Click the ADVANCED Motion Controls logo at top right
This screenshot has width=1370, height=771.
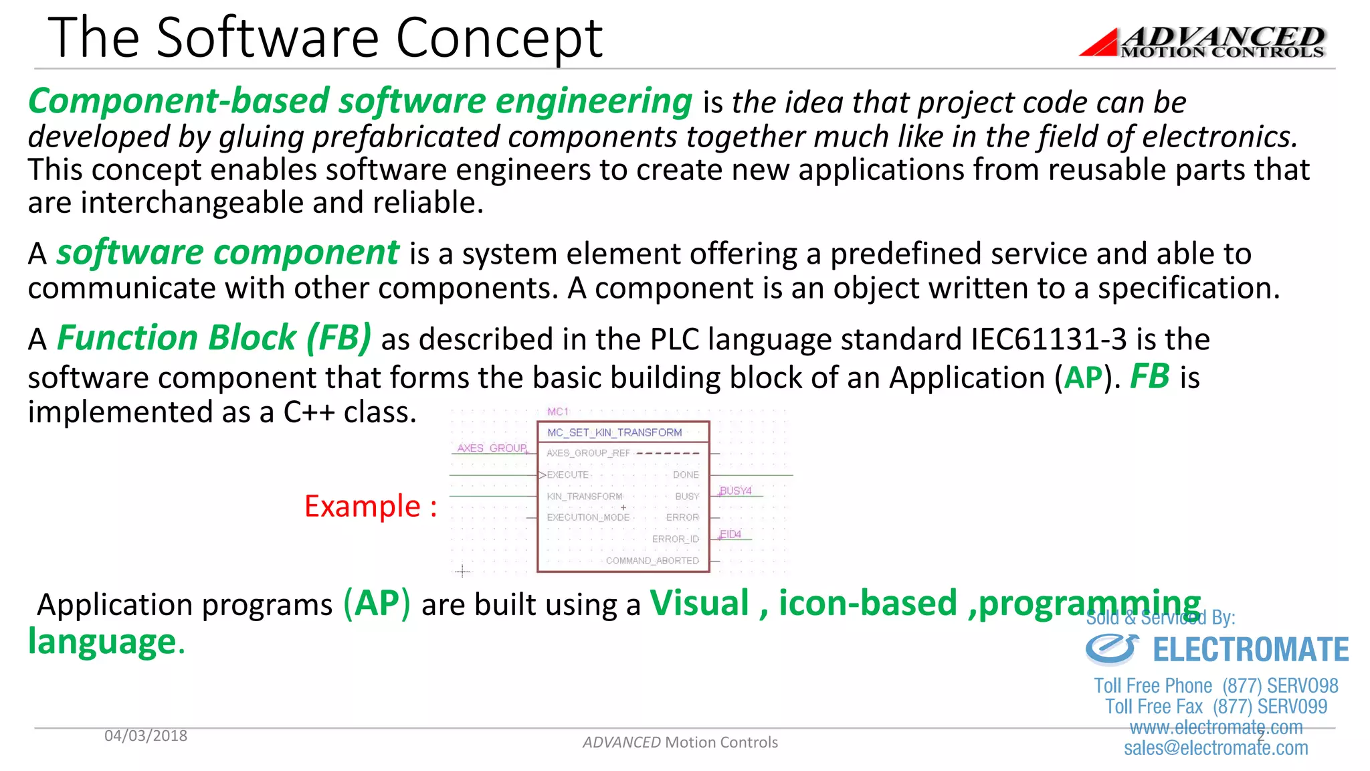coord(1204,41)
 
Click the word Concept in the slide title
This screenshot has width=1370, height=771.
coord(499,39)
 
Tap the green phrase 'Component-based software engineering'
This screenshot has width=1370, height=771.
coord(360,102)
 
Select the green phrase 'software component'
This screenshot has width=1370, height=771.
coord(227,253)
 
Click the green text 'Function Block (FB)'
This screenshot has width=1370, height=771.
coord(214,338)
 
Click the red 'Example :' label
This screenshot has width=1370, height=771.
coord(371,506)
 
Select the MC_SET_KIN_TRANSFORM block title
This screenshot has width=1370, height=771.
coord(614,432)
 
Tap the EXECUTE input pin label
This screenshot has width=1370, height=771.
coord(567,475)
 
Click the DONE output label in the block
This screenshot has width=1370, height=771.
coord(686,475)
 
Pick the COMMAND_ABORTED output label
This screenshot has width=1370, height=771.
coord(652,561)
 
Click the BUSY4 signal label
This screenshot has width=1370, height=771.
coord(736,491)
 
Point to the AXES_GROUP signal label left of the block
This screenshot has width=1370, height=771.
coord(492,448)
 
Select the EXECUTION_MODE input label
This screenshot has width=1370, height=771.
coord(588,517)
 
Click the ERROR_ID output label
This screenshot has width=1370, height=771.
coord(675,539)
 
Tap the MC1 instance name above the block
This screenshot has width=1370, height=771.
coord(558,412)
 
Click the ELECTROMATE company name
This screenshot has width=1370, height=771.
coord(1250,650)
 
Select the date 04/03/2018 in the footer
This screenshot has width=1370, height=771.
coord(146,736)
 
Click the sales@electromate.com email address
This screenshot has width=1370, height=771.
coord(1215,748)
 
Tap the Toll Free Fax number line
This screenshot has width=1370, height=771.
coord(1215,707)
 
